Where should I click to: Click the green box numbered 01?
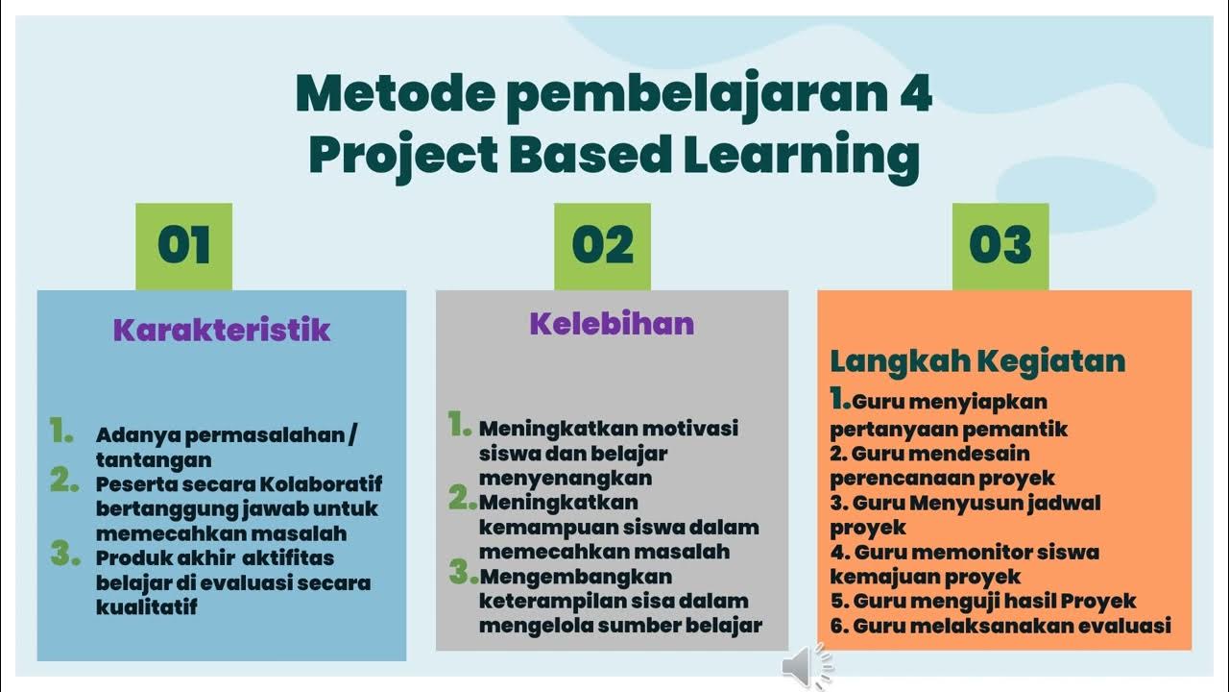[x=183, y=246]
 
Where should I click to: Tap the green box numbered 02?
[x=602, y=246]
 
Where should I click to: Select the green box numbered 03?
[x=1000, y=246]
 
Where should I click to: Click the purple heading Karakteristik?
[x=221, y=330]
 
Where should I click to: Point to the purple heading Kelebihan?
[x=612, y=323]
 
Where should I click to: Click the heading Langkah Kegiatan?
[x=977, y=361]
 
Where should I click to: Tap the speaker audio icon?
[x=805, y=667]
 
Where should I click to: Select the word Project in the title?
[x=403, y=156]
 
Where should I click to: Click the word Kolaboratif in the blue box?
[x=321, y=483]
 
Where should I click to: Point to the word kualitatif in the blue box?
[x=147, y=606]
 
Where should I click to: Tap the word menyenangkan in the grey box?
[x=566, y=478]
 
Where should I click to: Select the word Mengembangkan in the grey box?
[x=575, y=576]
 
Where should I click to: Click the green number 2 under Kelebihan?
[x=461, y=499]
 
